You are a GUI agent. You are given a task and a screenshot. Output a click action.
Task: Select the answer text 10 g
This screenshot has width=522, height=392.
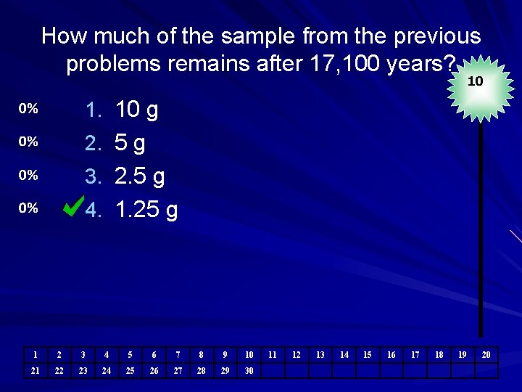pyautogui.click(x=137, y=110)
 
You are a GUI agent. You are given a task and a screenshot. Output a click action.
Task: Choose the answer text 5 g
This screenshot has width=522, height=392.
pyautogui.click(x=130, y=143)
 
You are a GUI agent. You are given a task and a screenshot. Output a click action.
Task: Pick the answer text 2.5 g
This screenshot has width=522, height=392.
pyautogui.click(x=140, y=176)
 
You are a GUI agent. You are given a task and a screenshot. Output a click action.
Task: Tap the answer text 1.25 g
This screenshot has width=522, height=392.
pyautogui.click(x=146, y=210)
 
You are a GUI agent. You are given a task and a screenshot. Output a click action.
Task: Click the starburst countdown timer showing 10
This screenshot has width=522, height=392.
pyautogui.click(x=475, y=81)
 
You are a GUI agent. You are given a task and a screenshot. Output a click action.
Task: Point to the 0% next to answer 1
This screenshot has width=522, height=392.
pyautogui.click(x=28, y=109)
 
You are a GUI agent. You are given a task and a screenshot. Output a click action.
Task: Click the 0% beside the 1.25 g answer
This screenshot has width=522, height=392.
pyautogui.click(x=28, y=208)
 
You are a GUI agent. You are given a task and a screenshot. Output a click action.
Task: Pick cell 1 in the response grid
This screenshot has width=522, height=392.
pyautogui.click(x=35, y=355)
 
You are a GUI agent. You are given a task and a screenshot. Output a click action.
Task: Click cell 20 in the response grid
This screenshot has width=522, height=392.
pyautogui.click(x=486, y=355)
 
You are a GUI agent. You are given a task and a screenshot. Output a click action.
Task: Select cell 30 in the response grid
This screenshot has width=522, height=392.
pyautogui.click(x=249, y=371)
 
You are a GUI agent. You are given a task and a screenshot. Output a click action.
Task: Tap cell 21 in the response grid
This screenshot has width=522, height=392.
pyautogui.click(x=35, y=371)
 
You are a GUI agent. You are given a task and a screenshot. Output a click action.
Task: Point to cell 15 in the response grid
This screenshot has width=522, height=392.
pyautogui.click(x=368, y=355)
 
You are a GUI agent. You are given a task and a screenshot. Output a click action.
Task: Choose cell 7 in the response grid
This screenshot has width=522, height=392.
pyautogui.click(x=178, y=355)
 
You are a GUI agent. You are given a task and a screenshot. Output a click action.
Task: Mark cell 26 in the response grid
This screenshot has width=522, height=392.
pyautogui.click(x=154, y=371)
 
